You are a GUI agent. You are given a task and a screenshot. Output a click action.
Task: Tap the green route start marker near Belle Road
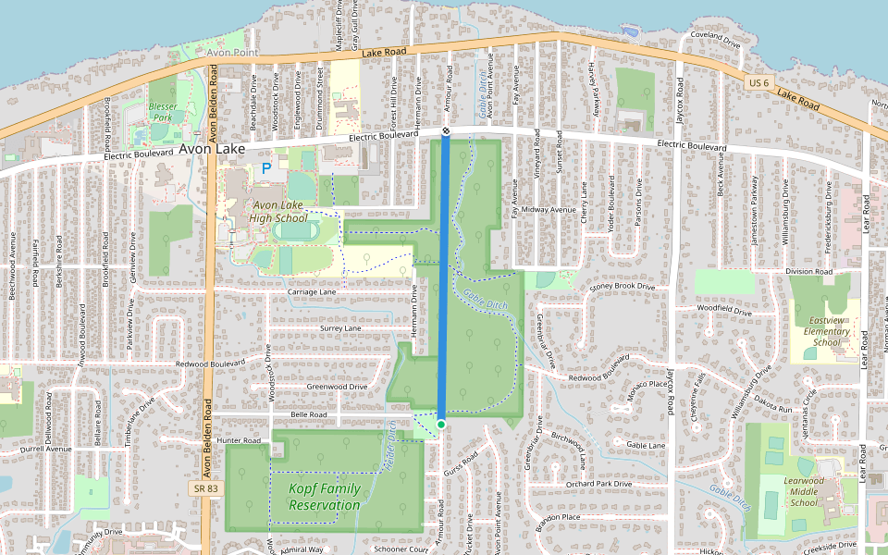[x=441, y=425]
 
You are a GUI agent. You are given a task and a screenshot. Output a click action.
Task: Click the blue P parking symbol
[x=266, y=168]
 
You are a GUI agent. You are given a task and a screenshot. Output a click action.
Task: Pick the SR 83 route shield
[x=204, y=487]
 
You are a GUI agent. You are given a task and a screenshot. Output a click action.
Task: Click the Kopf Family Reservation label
[x=324, y=497]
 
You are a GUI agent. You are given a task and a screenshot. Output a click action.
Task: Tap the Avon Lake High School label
[x=278, y=212]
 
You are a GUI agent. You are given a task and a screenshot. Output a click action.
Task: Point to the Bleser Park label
[x=163, y=112]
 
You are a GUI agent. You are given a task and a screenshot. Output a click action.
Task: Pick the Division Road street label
[x=809, y=272]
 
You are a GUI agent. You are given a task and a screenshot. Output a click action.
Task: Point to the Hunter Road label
[x=242, y=441]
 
